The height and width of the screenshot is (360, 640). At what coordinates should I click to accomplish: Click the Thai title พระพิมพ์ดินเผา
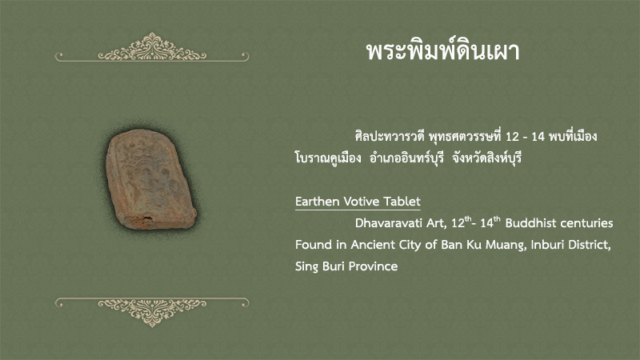pyautogui.click(x=443, y=52)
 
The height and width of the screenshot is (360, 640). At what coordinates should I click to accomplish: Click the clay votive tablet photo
pyautogui.click(x=151, y=179)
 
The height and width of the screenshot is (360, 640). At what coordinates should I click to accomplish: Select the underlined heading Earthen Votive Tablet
pyautogui.click(x=358, y=202)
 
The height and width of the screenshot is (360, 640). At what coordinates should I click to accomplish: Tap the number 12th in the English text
pyautogui.click(x=462, y=222)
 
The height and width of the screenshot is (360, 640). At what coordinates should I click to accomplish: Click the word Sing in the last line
pyautogui.click(x=306, y=267)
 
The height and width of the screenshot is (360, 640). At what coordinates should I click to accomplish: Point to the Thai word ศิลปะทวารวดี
pyautogui.click(x=390, y=136)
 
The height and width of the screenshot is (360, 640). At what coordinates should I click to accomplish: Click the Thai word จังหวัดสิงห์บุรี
pyautogui.click(x=487, y=158)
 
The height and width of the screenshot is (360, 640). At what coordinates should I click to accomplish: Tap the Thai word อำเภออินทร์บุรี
pyautogui.click(x=406, y=158)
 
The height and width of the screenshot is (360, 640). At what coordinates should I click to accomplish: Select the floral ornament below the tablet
pyautogui.click(x=152, y=312)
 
